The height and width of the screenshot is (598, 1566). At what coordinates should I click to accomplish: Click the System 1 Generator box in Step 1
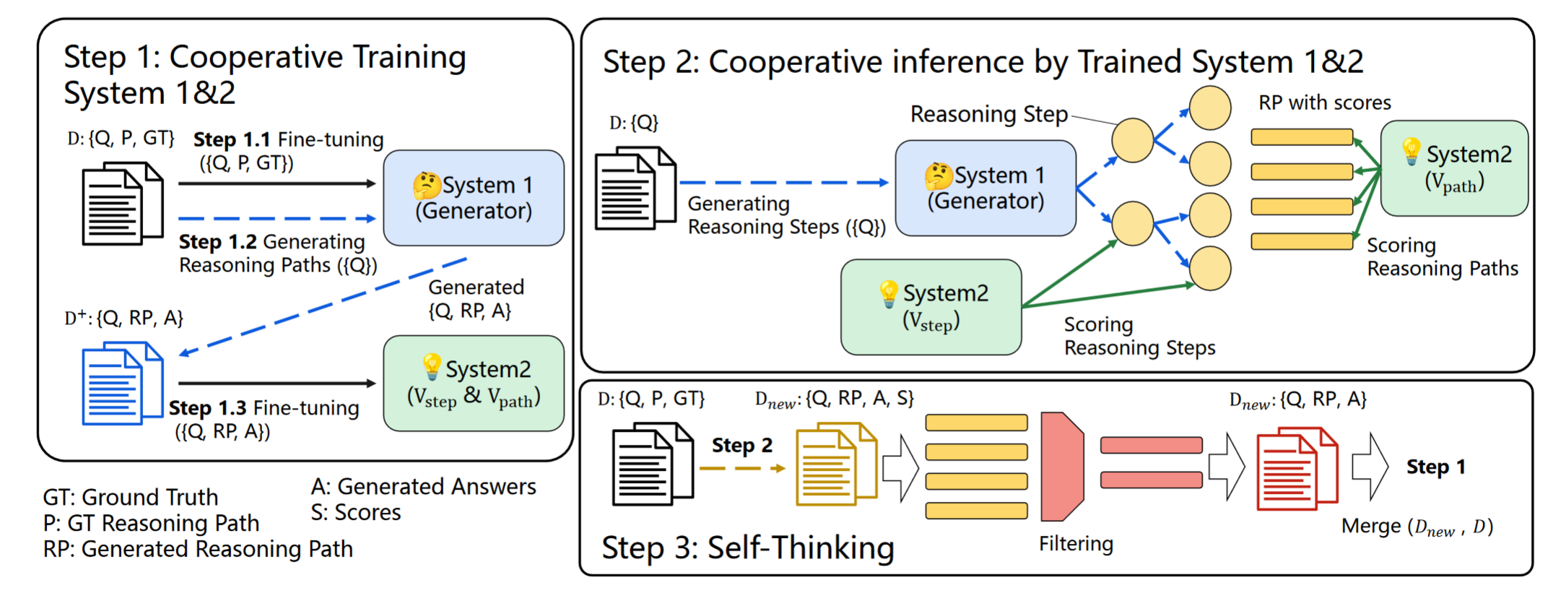(x=474, y=198)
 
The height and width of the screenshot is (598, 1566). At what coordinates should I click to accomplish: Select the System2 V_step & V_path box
(x=474, y=383)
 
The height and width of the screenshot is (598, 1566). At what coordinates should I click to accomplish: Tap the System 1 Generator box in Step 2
(x=986, y=188)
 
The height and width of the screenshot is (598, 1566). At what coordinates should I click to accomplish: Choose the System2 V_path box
(x=1454, y=168)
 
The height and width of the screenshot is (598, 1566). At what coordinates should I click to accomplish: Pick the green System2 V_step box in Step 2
(x=931, y=307)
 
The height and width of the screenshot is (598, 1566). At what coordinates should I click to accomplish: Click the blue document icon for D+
(x=123, y=383)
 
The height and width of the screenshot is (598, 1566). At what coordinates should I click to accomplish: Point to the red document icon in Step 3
(x=1297, y=469)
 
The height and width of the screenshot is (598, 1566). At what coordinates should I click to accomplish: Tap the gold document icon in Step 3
(x=837, y=464)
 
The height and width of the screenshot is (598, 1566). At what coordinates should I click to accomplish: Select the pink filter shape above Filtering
(x=1062, y=467)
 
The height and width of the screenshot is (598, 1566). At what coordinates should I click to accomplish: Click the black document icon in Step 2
(x=635, y=188)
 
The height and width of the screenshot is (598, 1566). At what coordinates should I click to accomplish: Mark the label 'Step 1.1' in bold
(x=232, y=139)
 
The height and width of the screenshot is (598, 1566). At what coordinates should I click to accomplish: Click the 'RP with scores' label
(x=1325, y=103)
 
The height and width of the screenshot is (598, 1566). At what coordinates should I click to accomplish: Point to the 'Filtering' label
(x=1076, y=544)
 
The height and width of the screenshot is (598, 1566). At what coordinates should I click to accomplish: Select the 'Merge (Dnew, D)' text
(x=1417, y=526)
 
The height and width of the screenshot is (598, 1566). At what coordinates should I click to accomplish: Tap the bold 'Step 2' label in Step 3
(x=742, y=445)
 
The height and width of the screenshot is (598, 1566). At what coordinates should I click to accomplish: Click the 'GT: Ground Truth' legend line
(x=131, y=497)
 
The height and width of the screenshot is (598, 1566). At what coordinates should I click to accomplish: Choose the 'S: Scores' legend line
(x=356, y=512)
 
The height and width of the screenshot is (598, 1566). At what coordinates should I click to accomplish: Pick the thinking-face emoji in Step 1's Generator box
(x=427, y=185)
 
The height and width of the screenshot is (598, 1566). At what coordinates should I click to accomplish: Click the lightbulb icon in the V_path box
(x=1411, y=152)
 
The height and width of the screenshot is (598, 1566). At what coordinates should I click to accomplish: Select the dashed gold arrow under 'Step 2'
(x=743, y=469)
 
